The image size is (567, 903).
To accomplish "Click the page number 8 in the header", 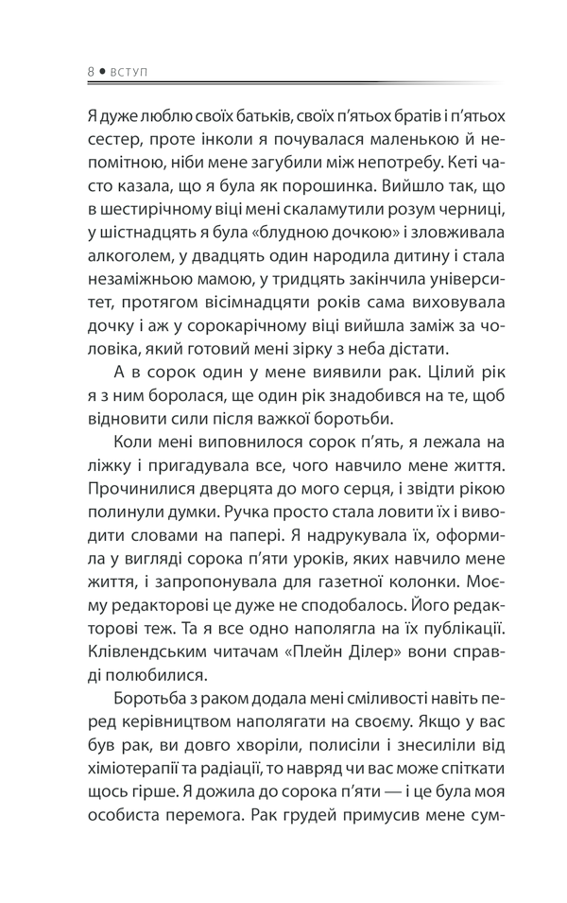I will click(x=89, y=71).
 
